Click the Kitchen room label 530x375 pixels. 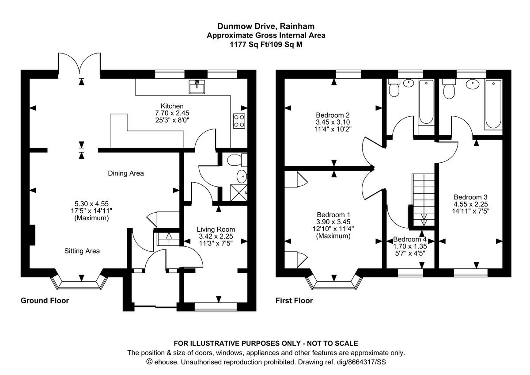pyautogui.click(x=172, y=106)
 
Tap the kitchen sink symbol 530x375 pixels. pyautogui.click(x=197, y=87)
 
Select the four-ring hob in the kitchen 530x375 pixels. pyautogui.click(x=239, y=121)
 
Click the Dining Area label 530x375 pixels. pyautogui.click(x=126, y=173)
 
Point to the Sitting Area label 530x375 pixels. pyautogui.click(x=82, y=251)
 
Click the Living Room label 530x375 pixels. pyautogui.click(x=216, y=229)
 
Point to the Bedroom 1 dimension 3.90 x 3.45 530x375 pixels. pyautogui.click(x=333, y=222)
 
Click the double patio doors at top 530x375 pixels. pyautogui.click(x=81, y=64)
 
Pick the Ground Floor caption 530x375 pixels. pyautogui.click(x=45, y=301)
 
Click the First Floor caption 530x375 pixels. pyautogui.click(x=294, y=301)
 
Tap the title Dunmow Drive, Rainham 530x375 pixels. pyautogui.click(x=266, y=27)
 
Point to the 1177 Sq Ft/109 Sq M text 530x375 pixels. pyautogui.click(x=266, y=44)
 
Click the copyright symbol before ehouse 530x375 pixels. pyautogui.click(x=149, y=362)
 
